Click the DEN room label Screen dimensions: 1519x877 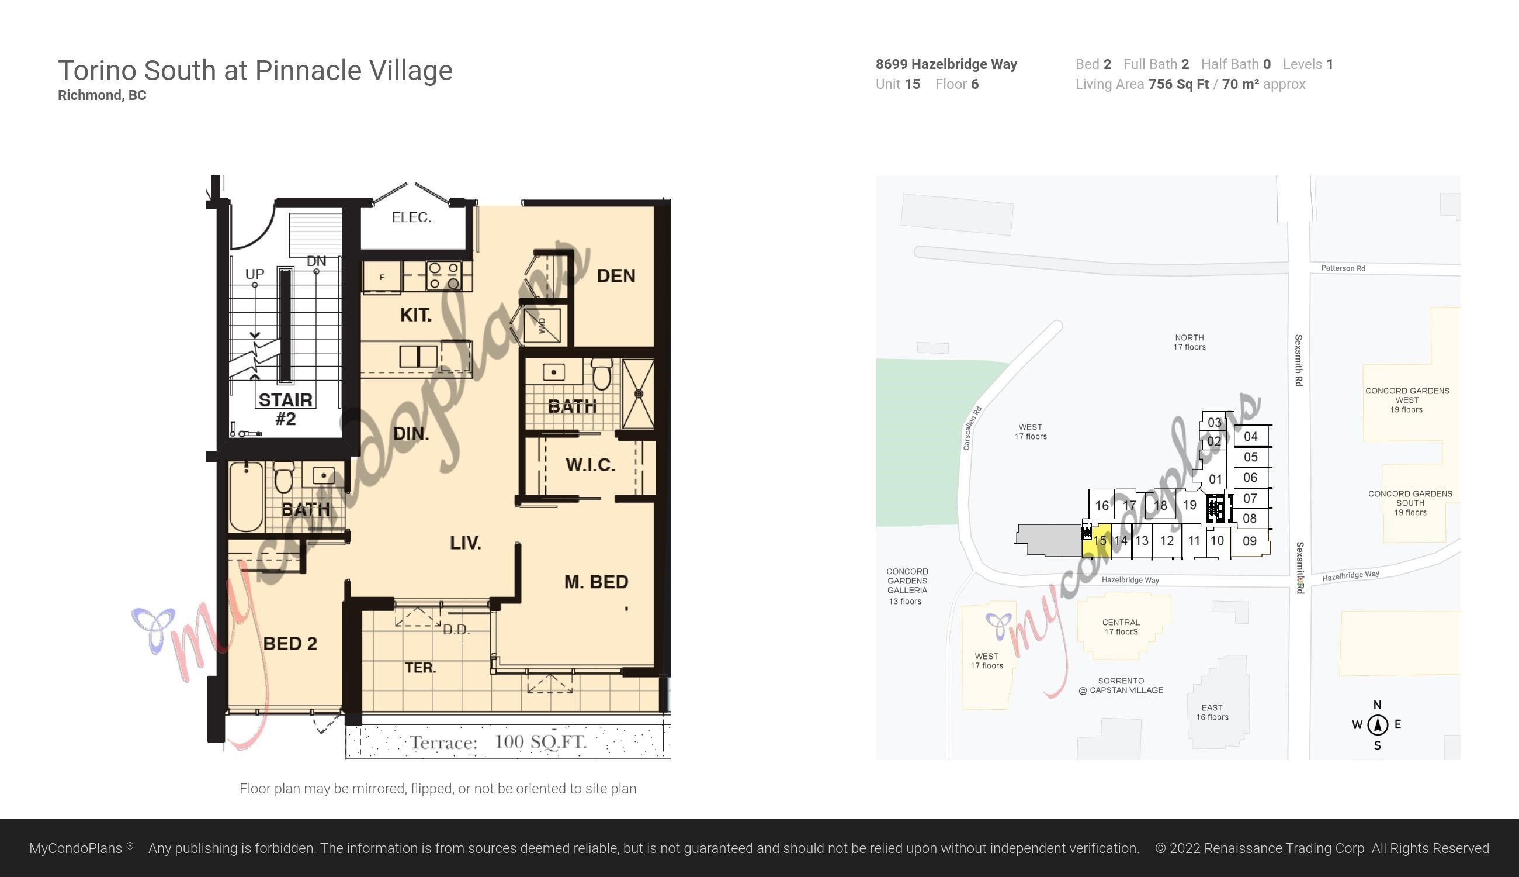coord(616,276)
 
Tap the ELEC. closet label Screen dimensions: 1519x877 coord(412,217)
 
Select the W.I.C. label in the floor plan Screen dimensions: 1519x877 coord(591,465)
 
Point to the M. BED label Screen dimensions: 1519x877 coord(596,582)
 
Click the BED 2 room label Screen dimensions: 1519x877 coord(290,644)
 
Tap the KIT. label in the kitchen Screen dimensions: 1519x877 coord(416,315)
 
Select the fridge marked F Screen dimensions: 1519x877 coord(382,277)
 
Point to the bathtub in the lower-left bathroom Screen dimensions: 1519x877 coord(246,497)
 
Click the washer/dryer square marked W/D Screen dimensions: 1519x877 coord(542,326)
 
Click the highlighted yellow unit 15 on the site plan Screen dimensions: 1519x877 coord(1097,540)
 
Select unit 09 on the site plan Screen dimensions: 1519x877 coord(1250,541)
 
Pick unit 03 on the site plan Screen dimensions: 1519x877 coord(1215,422)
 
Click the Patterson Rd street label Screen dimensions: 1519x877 coord(1343,268)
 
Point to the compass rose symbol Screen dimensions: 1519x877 coord(1378,725)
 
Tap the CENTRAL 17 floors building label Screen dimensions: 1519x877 coord(1121,627)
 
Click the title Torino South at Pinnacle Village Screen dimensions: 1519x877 coord(255,71)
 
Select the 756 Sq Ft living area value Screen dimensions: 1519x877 coord(1178,84)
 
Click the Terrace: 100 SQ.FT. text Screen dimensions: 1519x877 coord(498,742)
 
